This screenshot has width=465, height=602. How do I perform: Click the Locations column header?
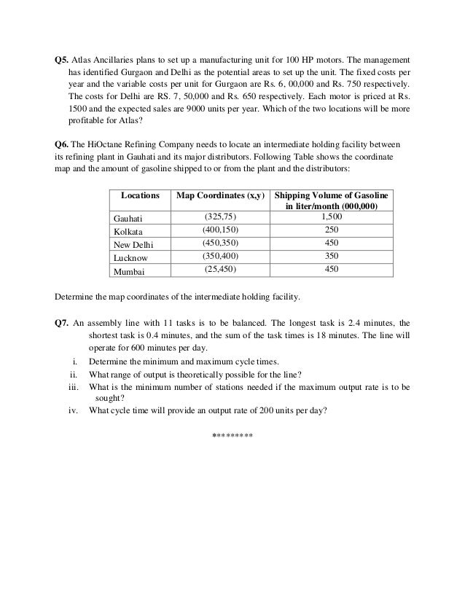[x=140, y=197]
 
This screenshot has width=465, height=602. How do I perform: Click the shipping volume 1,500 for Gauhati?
[x=332, y=217]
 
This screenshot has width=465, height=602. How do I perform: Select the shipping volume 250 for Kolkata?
[x=332, y=230]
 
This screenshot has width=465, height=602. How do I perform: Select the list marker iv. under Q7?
[x=72, y=409]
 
